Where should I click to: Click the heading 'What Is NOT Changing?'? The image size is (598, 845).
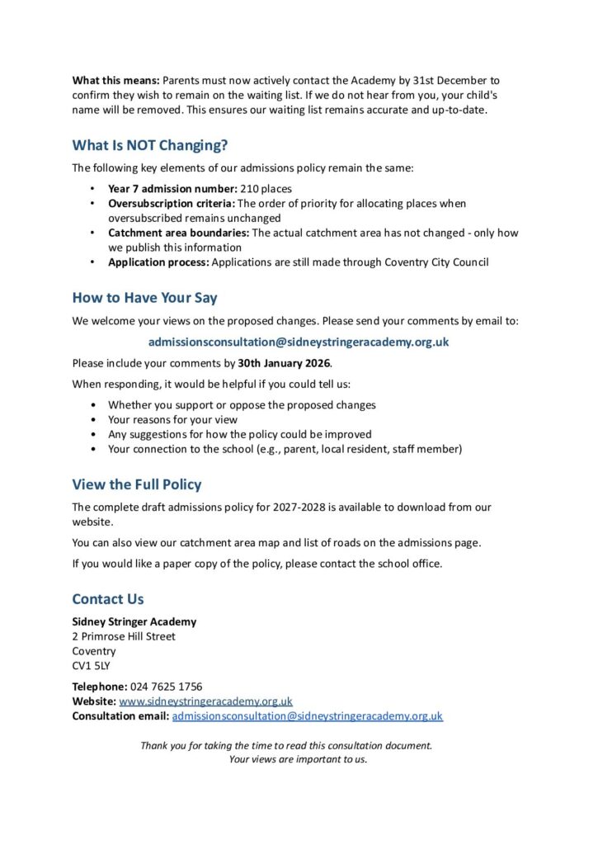[149, 146]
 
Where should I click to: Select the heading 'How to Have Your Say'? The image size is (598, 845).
[144, 297]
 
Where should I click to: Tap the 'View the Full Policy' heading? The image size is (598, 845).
[136, 484]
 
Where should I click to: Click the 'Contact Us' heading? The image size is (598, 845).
[107, 599]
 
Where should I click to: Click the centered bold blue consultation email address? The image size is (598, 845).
[299, 342]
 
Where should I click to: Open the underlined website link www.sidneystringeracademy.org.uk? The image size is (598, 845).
[205, 701]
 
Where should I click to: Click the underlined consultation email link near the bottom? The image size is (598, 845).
[307, 716]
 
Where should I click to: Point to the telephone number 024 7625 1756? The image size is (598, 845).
[166, 687]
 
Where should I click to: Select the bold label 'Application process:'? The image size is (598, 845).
[158, 262]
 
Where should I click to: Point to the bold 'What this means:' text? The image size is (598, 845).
[115, 81]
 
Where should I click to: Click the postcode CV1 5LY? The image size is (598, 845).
[92, 666]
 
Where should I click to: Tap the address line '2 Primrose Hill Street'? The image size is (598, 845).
[124, 636]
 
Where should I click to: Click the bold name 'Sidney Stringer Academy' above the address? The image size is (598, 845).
[134, 621]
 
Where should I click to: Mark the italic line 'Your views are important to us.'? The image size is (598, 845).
[298, 759]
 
